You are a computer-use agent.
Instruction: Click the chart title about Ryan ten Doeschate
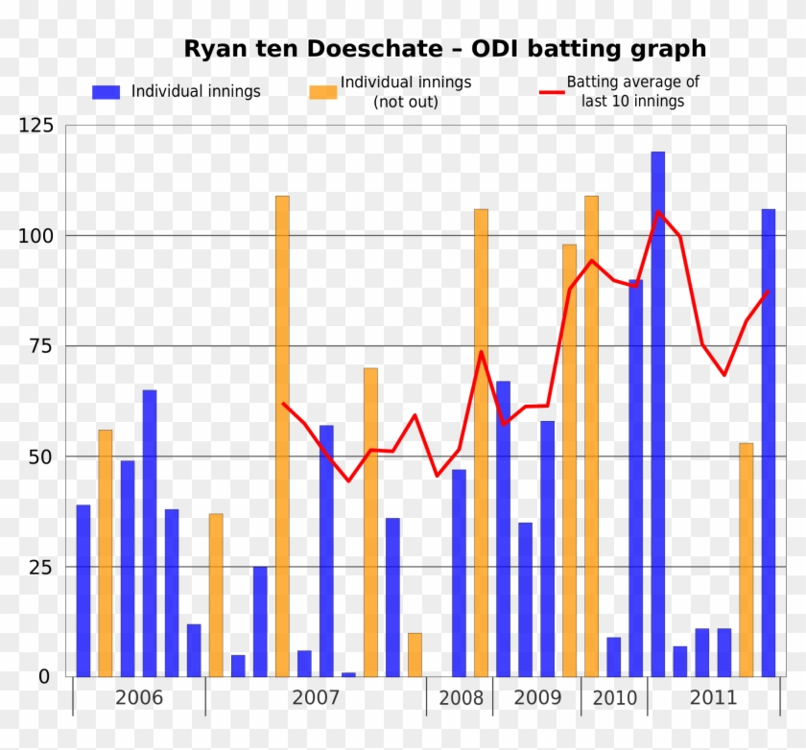444,49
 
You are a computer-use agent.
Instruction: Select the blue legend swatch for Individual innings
106,92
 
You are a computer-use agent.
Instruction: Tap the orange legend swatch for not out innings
323,92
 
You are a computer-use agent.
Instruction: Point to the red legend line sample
551,92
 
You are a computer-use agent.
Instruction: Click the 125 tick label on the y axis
36,126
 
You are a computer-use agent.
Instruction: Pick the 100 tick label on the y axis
36,236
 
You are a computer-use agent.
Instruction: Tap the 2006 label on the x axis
139,697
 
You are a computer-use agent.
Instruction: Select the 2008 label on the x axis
462,697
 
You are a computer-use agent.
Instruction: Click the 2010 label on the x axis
614,697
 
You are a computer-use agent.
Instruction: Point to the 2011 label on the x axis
714,697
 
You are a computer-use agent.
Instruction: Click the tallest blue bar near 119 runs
657,412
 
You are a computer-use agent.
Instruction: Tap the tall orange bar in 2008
481,441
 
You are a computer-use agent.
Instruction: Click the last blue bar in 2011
769,441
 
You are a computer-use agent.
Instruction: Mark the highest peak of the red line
658,212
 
